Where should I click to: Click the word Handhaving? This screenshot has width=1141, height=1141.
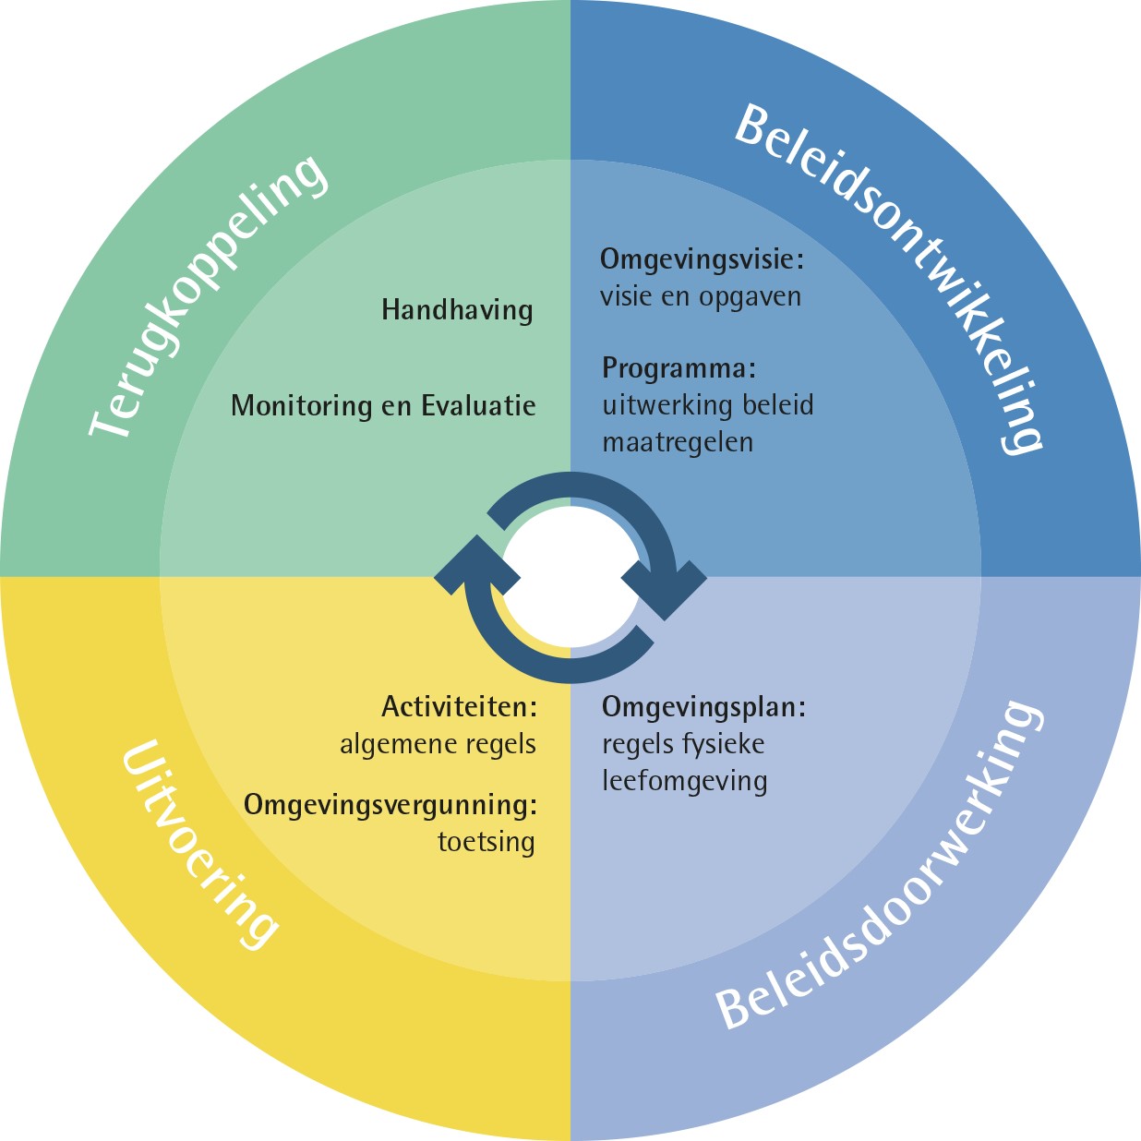457,309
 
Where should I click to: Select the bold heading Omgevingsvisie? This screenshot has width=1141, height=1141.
702,259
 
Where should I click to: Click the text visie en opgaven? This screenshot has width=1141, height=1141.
700,296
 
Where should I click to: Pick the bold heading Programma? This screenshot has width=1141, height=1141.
679,368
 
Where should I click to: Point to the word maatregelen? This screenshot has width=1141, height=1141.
678,442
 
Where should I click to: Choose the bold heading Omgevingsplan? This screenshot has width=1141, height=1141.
703,708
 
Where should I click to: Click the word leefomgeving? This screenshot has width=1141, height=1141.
684,782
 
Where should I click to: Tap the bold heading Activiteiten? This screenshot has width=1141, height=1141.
459,708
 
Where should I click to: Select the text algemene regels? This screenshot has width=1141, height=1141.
438,745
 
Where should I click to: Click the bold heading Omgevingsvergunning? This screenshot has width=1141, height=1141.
390,805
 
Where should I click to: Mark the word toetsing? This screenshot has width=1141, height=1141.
486,842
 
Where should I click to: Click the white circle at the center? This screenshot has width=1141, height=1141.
570,576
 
